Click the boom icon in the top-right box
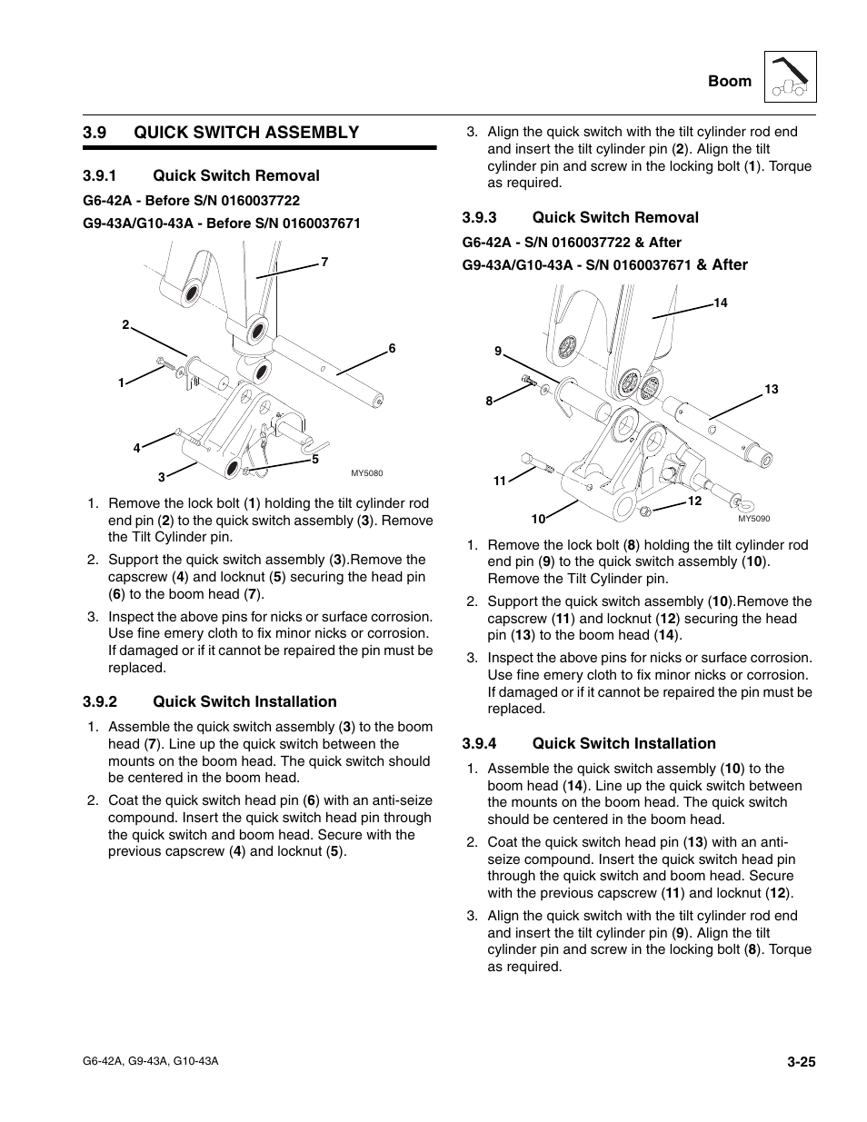click(x=791, y=76)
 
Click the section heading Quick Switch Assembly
click(x=246, y=133)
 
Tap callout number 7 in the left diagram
click(x=324, y=263)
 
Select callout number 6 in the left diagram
click(x=393, y=349)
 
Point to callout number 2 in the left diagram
click(x=126, y=325)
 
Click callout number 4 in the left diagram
click(x=137, y=448)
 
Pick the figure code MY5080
click(x=367, y=472)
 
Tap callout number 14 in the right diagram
click(x=721, y=303)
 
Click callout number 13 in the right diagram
click(x=772, y=390)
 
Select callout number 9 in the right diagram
click(x=498, y=352)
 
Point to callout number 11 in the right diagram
click(x=499, y=482)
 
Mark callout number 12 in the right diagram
click(x=694, y=501)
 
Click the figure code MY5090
click(x=753, y=519)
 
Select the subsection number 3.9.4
click(x=480, y=744)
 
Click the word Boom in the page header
click(x=730, y=82)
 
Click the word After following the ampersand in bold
click(x=730, y=265)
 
